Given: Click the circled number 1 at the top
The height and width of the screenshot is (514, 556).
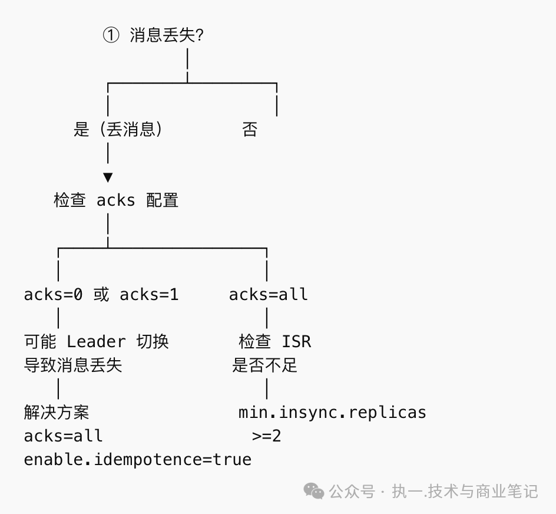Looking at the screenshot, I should pos(111,35).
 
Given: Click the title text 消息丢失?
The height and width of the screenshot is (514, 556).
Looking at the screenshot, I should pos(167,35).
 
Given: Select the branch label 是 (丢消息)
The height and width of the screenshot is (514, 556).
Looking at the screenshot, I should pos(118,130).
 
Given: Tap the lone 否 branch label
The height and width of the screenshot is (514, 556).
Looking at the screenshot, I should pos(250,130).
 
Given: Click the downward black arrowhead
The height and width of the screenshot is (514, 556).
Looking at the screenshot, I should pos(108,177).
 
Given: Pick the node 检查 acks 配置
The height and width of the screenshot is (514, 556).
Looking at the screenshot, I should pos(116,200).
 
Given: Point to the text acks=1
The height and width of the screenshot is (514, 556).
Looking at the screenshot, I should pos(149,295).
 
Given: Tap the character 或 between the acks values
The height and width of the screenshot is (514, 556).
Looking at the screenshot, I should pos(101,295).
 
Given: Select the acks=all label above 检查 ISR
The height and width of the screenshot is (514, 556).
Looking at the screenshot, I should pos(269,295).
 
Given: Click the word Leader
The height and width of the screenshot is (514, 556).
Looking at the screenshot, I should pos(96,342).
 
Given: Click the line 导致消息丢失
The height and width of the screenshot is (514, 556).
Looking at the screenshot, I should pos(73,365).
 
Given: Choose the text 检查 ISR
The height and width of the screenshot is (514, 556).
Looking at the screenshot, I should pos(275,342).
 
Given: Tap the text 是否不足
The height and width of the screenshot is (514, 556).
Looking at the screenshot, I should pos(265,365).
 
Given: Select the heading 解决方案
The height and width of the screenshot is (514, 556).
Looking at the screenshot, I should pos(57,412).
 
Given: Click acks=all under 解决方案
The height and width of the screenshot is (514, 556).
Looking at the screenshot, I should pos(63,436).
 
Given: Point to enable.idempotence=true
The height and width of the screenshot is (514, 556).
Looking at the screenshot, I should pos(137,460).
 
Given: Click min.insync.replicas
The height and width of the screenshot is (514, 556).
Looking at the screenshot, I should pos(332,412).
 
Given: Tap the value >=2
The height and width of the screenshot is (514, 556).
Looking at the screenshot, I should pos(267,436).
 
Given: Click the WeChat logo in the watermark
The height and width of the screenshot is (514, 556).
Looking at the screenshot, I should pos(313,490).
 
